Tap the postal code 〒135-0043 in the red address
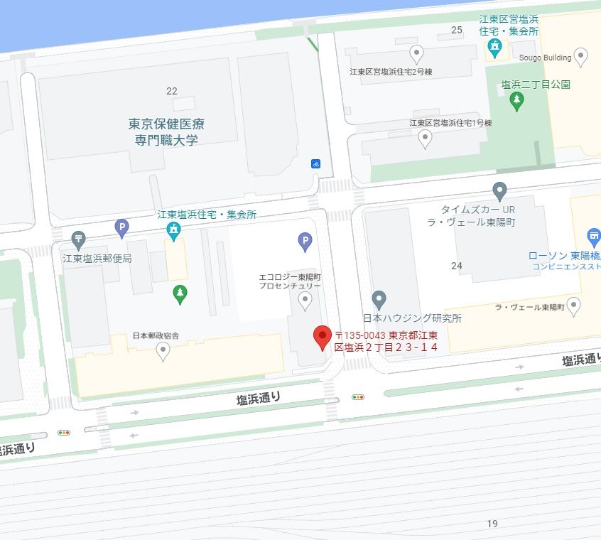coord(360,335)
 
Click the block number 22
coord(171,91)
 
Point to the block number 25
coord(457,30)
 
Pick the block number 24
coord(457,266)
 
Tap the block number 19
coord(492,524)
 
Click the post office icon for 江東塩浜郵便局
coord(79,238)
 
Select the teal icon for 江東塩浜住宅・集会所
coord(173,229)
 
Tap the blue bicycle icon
coord(315,163)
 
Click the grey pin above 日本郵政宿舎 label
coord(163,350)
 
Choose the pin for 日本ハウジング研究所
coord(379,298)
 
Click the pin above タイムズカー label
coord(500,190)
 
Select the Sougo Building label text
coord(545,58)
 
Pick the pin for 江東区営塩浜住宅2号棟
coord(417,53)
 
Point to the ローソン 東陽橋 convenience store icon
coord(594,236)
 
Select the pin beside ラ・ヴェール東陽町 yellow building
coord(574,306)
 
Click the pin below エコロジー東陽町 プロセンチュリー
coord(305,301)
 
